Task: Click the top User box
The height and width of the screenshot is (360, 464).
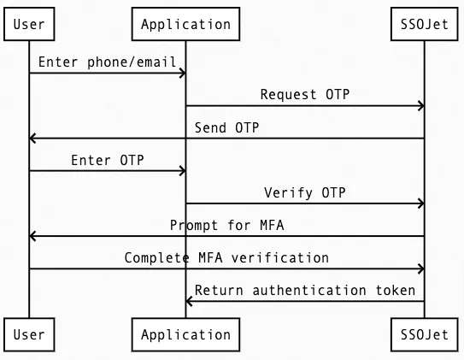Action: (x=29, y=24)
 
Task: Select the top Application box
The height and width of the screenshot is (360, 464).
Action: (x=185, y=24)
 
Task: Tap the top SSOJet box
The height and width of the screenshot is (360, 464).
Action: (x=424, y=24)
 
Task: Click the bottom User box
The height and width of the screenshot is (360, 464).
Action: (x=29, y=333)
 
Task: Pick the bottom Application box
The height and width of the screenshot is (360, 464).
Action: (x=185, y=333)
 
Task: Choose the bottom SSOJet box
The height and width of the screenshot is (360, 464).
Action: (x=424, y=333)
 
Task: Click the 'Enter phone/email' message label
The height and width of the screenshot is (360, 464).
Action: (x=107, y=62)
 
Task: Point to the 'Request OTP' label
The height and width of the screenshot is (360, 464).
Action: (x=305, y=95)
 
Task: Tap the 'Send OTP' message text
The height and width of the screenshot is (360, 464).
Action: (x=226, y=127)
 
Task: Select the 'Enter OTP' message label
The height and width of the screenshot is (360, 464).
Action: (x=107, y=160)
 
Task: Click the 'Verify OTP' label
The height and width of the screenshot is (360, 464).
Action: (x=305, y=192)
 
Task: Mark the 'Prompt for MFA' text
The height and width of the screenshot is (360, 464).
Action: (x=226, y=225)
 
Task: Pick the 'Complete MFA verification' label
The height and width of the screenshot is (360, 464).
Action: (x=226, y=257)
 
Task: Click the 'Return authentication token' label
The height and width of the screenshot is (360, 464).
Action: (x=305, y=290)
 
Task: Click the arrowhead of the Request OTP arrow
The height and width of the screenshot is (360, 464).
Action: (x=420, y=106)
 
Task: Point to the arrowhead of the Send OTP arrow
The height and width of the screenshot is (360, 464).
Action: (x=32, y=139)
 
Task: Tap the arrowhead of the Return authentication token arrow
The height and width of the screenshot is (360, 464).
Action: (x=190, y=301)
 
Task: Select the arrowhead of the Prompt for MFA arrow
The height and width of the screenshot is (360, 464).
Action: (x=32, y=236)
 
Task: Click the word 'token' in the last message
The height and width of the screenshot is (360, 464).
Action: (x=396, y=290)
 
